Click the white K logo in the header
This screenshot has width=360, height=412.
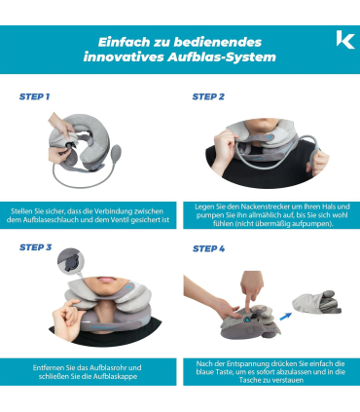[x=345, y=40]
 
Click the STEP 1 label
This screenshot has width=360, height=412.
[x=34, y=96]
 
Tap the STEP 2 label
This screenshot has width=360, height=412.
[x=208, y=96]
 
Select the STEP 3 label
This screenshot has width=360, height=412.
[x=35, y=247]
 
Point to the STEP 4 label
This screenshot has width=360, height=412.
[x=208, y=248]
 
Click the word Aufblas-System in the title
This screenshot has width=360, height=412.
[x=222, y=57]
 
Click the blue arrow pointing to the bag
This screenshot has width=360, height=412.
[x=285, y=316]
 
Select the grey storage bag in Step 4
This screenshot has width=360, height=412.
[x=316, y=302]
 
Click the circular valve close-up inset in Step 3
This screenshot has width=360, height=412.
[x=71, y=261]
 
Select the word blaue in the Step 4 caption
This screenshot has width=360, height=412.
[x=204, y=372]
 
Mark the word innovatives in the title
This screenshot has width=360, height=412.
[x=124, y=57]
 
